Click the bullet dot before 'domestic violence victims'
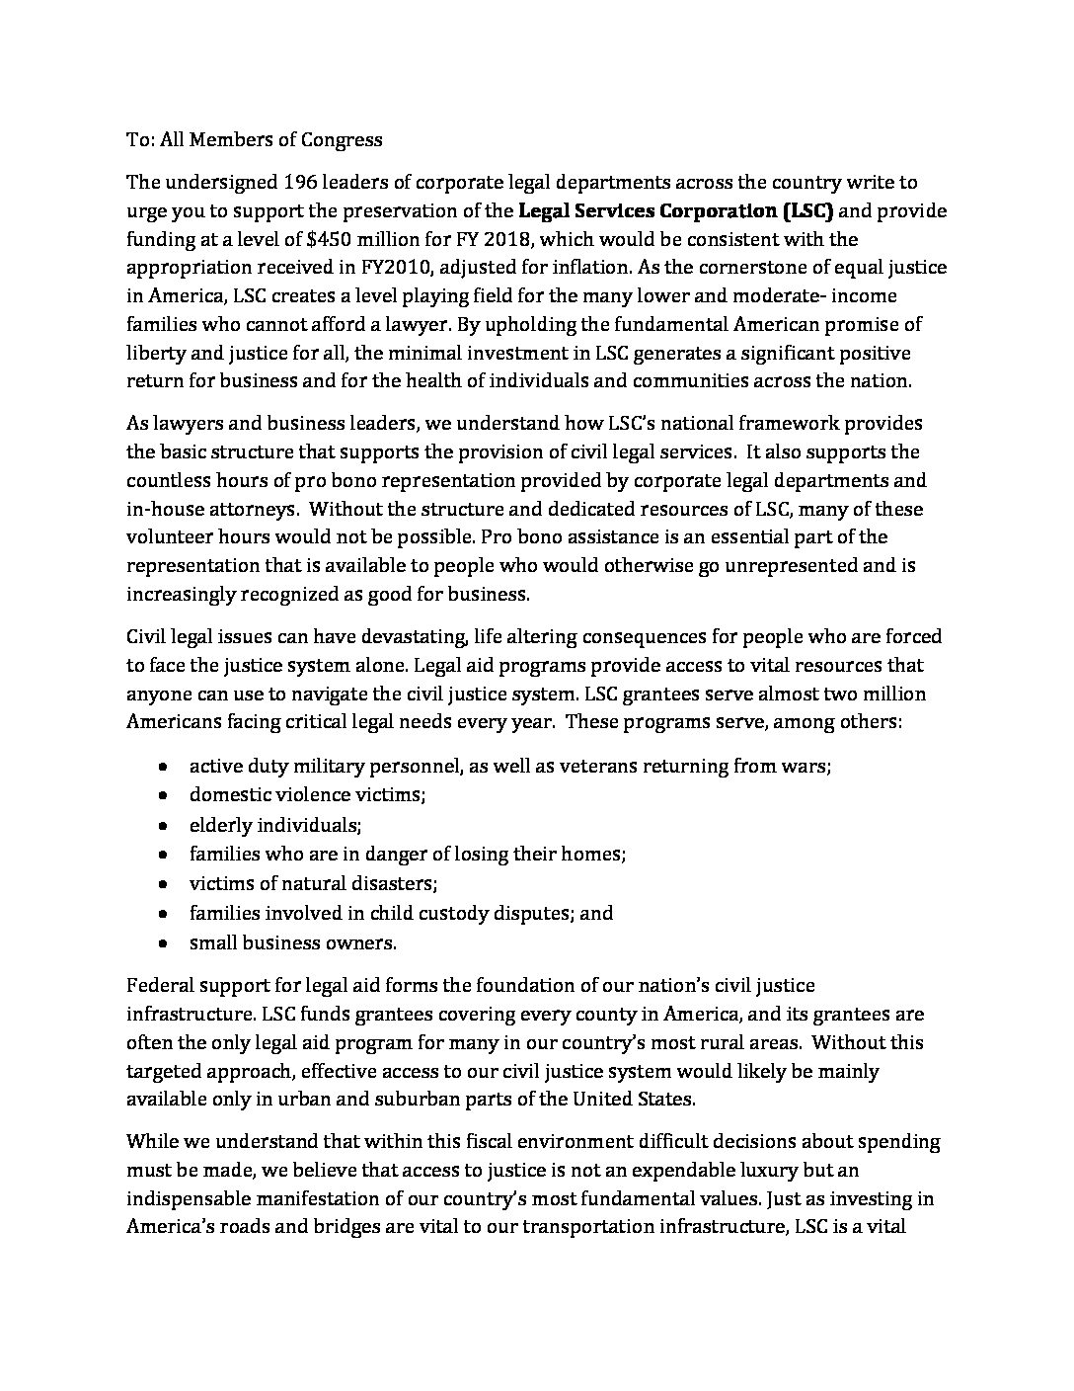(x=163, y=795)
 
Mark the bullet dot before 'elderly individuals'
(x=163, y=825)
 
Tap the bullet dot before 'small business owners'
(x=163, y=942)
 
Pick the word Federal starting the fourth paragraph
(x=159, y=985)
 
